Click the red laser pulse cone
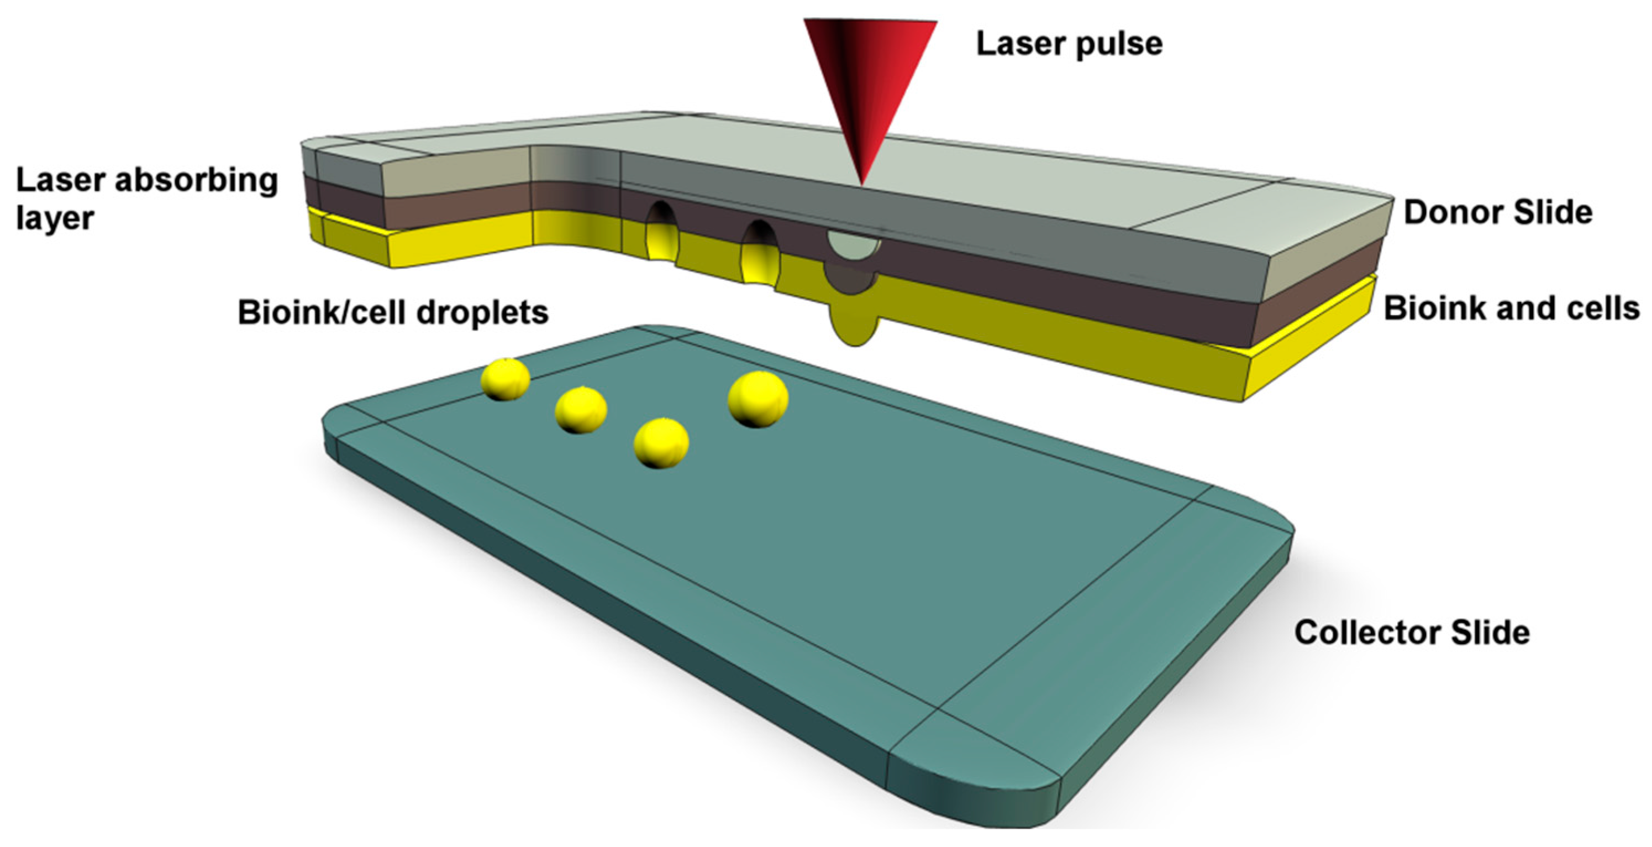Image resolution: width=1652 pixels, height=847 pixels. click(x=869, y=77)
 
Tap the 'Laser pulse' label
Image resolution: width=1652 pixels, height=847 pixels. click(x=1069, y=44)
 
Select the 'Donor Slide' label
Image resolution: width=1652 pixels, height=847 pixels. click(x=1497, y=212)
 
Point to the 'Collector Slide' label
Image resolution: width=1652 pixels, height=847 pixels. click(x=1412, y=632)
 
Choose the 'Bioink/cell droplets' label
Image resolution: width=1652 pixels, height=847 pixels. click(x=392, y=313)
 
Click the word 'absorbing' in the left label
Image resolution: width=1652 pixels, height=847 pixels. click(x=196, y=181)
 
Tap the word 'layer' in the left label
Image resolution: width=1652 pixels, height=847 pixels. click(x=55, y=218)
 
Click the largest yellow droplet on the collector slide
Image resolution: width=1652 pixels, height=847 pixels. click(x=757, y=399)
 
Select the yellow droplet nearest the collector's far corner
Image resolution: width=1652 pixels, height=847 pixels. click(x=506, y=379)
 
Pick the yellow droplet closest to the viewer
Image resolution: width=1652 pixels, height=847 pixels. click(x=661, y=443)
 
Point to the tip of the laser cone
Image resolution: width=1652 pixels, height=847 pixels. click(x=863, y=182)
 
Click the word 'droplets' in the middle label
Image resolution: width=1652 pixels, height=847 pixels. click(x=482, y=313)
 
